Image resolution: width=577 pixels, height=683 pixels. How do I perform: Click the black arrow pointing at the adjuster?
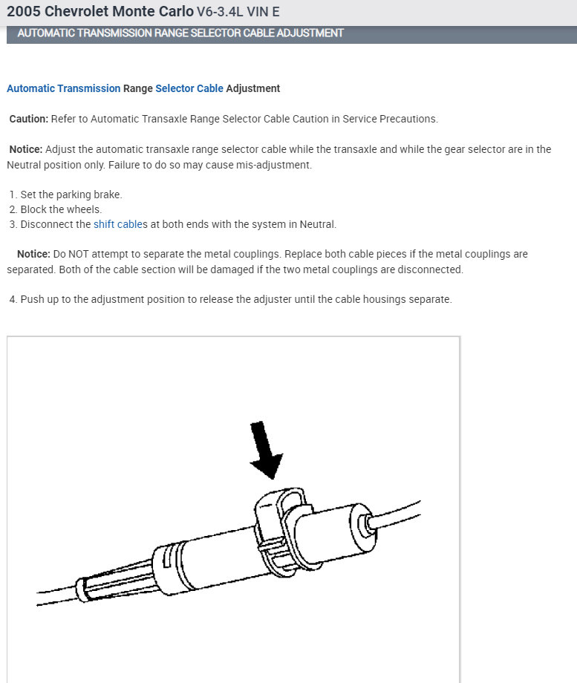pyautogui.click(x=266, y=450)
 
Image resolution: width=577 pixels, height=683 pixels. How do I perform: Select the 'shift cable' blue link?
pyautogui.click(x=117, y=224)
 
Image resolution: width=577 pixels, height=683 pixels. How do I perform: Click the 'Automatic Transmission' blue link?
pyautogui.click(x=63, y=88)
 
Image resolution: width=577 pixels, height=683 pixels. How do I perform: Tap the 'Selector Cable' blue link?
pyautogui.click(x=189, y=88)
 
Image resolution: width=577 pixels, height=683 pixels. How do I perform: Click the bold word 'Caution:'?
pyautogui.click(x=29, y=119)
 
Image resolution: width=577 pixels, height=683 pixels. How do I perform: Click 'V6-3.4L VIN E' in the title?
pyautogui.click(x=238, y=13)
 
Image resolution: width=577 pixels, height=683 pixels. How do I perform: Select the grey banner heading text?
pyautogui.click(x=180, y=33)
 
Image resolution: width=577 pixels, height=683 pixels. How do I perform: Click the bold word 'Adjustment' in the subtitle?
pyautogui.click(x=253, y=88)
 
